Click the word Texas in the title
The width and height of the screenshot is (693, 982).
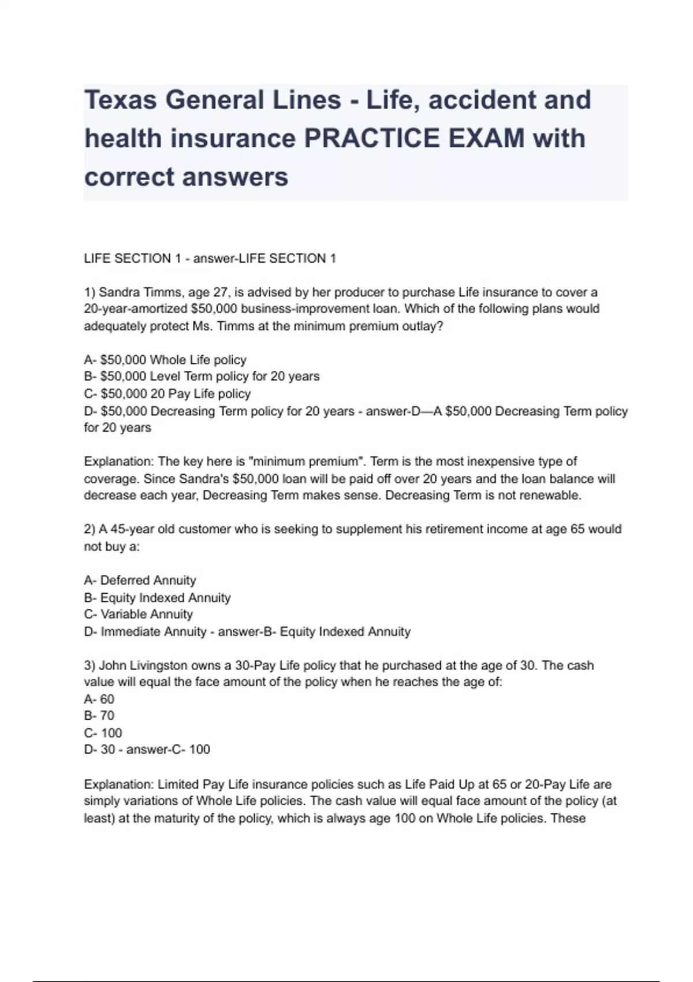coord(120,100)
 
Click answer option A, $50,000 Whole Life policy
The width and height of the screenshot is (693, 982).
coord(165,360)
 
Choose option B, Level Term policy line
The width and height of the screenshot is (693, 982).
coord(202,377)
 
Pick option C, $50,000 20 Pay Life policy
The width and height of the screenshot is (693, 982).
coord(167,394)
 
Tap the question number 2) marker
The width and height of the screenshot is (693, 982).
coord(90,529)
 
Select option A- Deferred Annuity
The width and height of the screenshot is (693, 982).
coord(140,580)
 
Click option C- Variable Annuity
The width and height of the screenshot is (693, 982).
coord(138,614)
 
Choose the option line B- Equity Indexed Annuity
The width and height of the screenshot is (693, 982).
coord(157,597)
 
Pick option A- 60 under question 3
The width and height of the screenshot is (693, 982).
coord(99,699)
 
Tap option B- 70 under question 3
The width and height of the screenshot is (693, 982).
coord(99,716)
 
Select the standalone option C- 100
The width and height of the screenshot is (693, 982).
coord(103,733)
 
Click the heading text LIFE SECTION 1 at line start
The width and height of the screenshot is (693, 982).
coord(128,259)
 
